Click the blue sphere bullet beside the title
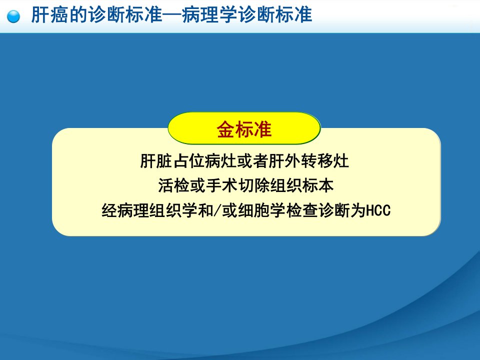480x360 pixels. point(13,16)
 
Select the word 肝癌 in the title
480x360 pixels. point(49,14)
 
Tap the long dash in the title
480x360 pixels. point(171,14)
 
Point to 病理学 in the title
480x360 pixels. point(210,14)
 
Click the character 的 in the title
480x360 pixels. point(77,14)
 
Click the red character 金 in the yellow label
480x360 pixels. point(226,129)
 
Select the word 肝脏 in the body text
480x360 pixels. point(156,160)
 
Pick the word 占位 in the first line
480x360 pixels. point(188,160)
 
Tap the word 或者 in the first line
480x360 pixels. point(252,160)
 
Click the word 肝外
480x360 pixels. point(284,160)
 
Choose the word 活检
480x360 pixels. point(173,185)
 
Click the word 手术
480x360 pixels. point(221,185)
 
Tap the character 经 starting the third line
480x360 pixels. point(109,210)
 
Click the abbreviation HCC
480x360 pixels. point(378,210)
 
